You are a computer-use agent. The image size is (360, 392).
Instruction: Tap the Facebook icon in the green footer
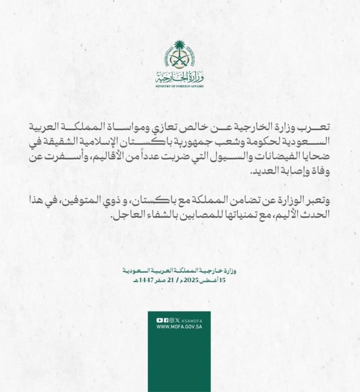[166, 320]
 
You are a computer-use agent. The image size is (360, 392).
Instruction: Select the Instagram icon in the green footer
[172, 320]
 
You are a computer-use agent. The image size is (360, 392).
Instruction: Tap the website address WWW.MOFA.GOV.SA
[179, 327]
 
